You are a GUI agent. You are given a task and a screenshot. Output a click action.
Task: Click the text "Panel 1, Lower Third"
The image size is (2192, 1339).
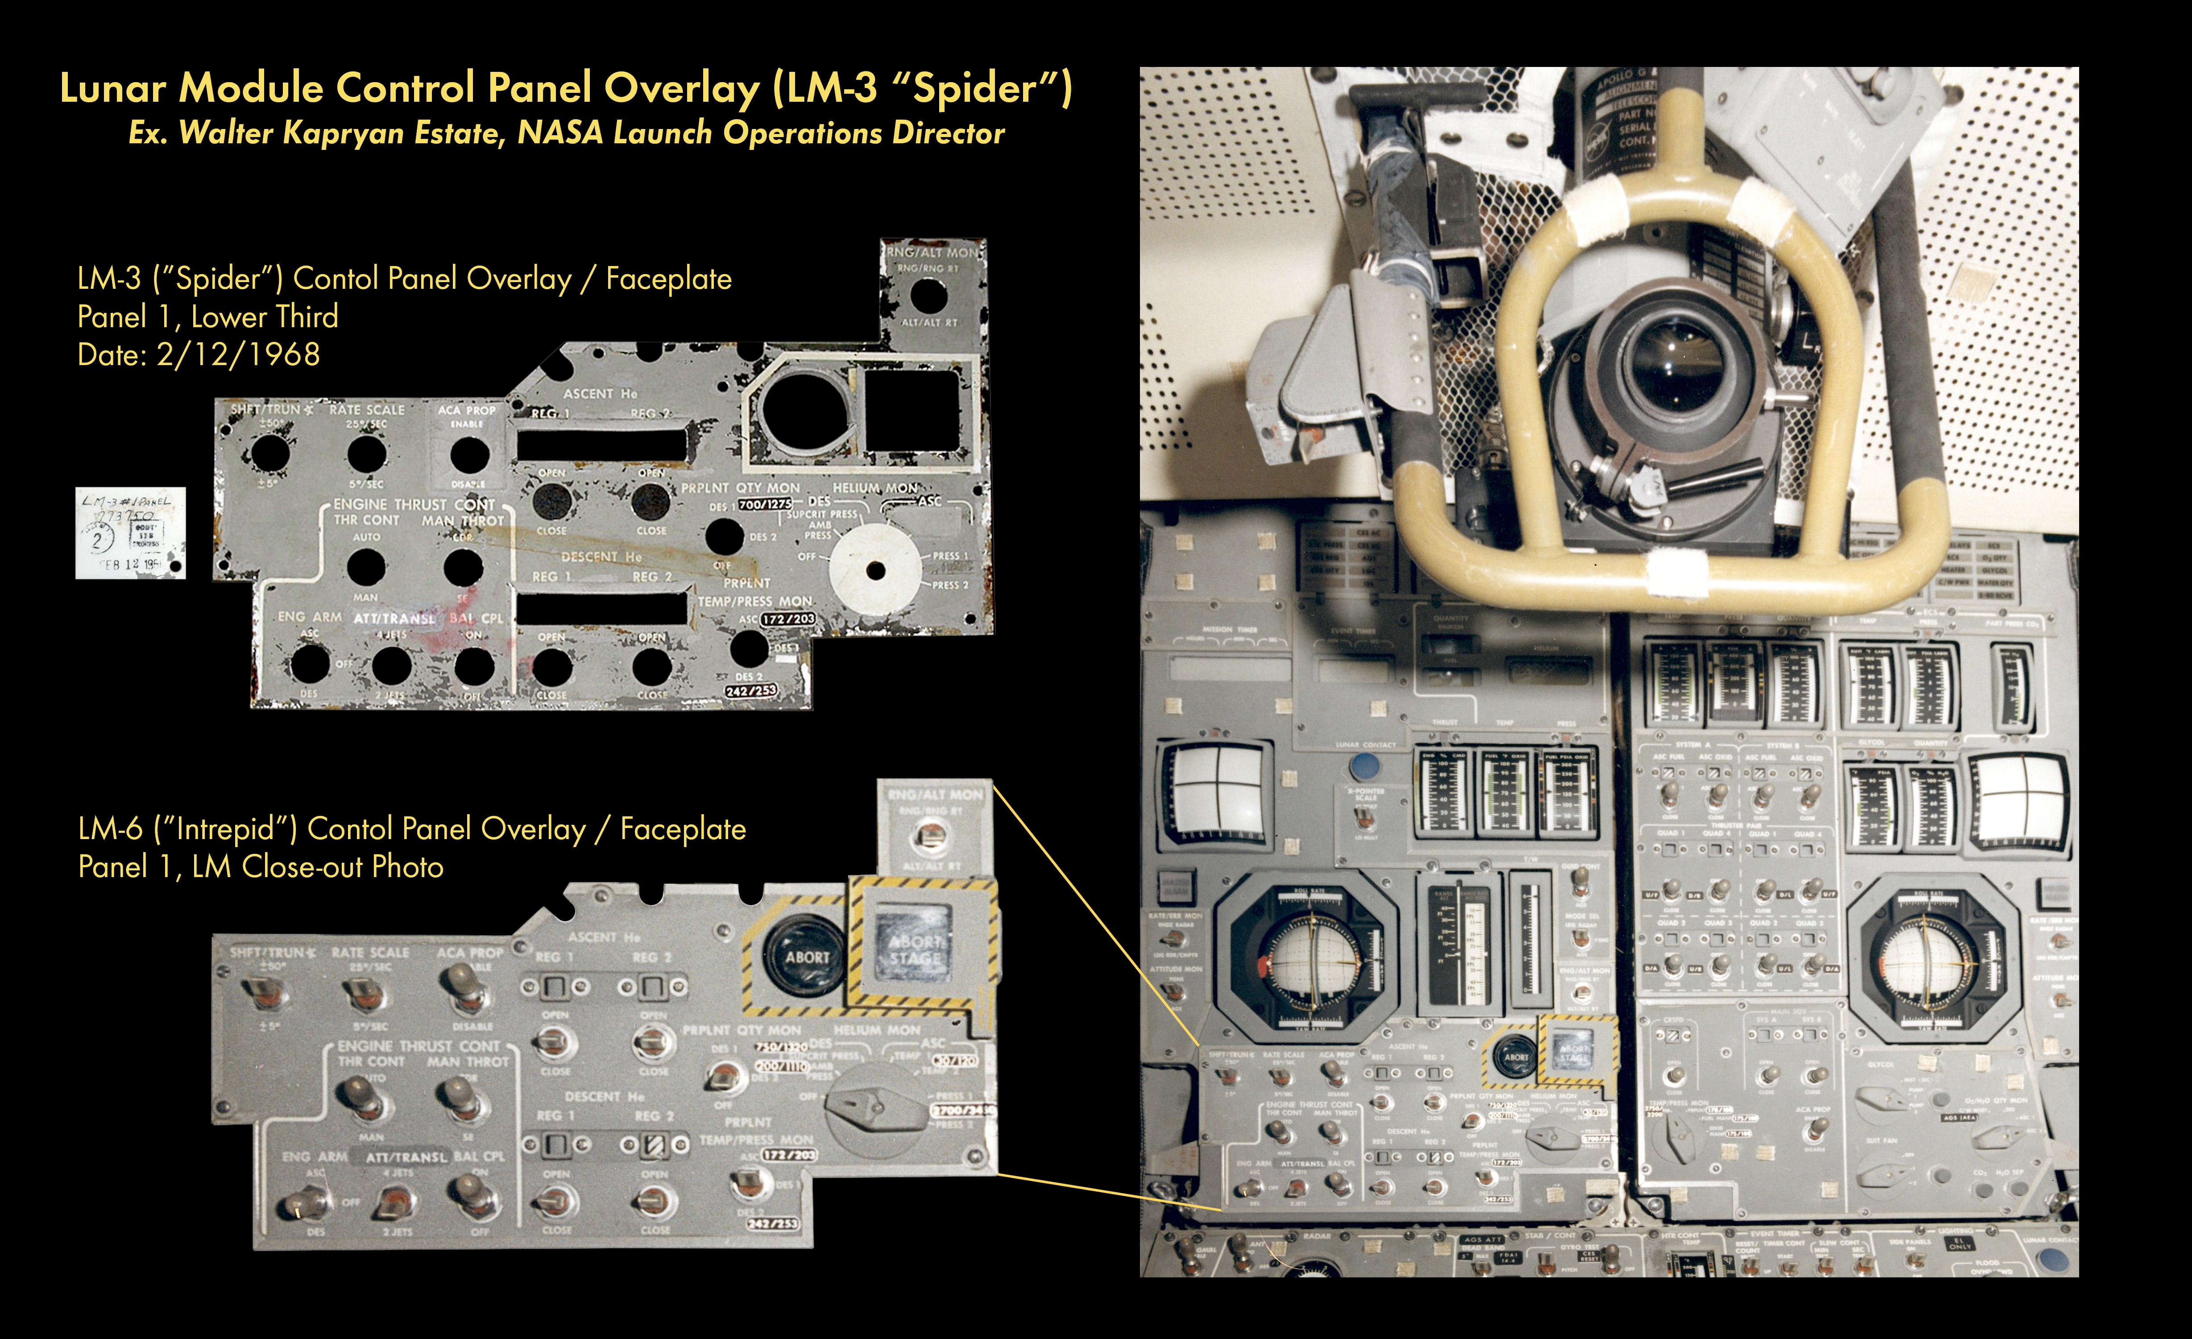pyautogui.click(x=207, y=317)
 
